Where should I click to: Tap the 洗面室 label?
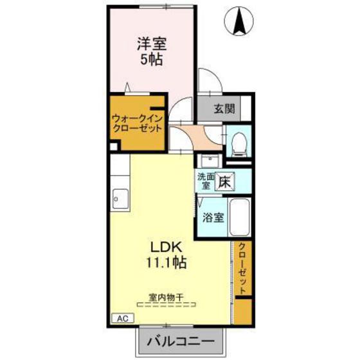pos(205,181)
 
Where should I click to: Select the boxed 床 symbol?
pos(223,181)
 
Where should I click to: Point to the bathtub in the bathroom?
pos(240,218)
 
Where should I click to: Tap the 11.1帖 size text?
pos(168,262)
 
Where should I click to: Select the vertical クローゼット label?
pos(242,269)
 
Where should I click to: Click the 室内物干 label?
pos(166,297)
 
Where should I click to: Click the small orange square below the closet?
pos(242,312)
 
